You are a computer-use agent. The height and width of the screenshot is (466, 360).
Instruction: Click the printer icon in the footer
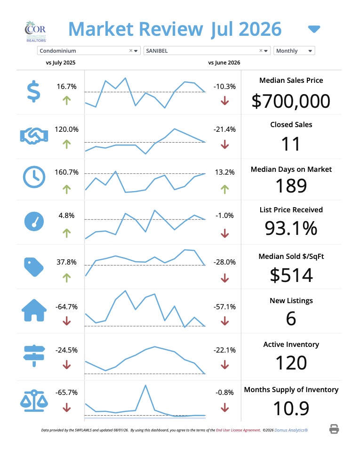tap(334, 429)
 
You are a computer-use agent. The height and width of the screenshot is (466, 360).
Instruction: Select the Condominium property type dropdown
tap(89, 51)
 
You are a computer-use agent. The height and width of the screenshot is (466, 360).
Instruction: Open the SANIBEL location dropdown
tap(207, 51)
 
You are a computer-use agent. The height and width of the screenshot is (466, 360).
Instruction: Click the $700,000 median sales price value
tap(291, 101)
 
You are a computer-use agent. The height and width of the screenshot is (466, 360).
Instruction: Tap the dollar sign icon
tap(33, 91)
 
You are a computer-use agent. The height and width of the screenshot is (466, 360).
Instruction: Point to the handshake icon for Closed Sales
tap(34, 136)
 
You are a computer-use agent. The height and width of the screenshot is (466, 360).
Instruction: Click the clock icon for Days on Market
tap(34, 177)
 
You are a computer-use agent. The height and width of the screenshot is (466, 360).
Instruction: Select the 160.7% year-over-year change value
tap(66, 172)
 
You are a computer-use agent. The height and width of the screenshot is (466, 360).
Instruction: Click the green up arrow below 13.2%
tap(225, 189)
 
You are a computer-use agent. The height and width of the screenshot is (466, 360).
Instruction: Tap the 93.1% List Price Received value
tap(291, 228)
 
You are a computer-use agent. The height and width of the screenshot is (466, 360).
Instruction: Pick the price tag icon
tap(34, 267)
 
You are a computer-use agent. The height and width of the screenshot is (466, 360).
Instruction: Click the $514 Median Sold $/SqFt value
tap(291, 275)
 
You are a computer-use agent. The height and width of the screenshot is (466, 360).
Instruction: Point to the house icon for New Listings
tap(34, 310)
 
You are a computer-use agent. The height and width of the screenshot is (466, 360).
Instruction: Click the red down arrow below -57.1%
tap(225, 321)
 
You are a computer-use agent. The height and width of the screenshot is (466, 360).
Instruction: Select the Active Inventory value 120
tap(291, 363)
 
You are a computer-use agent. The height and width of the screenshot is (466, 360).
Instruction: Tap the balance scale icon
tap(34, 401)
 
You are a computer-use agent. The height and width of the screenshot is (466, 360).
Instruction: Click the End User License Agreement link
tap(238, 430)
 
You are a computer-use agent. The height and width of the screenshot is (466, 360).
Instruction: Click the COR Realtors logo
tap(36, 32)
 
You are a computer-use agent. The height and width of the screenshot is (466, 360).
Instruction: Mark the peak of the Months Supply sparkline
tap(145, 385)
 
